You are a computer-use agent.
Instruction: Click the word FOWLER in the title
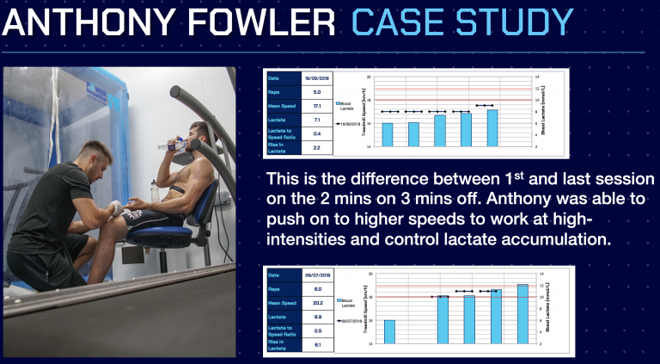tap(249, 22)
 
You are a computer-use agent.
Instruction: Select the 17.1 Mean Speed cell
tap(317, 106)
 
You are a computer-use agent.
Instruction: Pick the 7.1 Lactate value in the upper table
tap(317, 120)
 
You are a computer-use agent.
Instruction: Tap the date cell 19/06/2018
tap(317, 78)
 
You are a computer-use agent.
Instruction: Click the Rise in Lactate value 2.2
tap(317, 147)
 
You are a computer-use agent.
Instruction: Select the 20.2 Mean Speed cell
tap(317, 303)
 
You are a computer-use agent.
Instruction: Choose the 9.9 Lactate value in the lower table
tap(317, 318)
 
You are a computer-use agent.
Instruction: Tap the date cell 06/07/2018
tap(317, 275)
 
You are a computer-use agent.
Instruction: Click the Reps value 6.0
tap(317, 289)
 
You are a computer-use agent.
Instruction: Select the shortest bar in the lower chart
tap(389, 331)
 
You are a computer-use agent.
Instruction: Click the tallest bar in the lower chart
tap(522, 313)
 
